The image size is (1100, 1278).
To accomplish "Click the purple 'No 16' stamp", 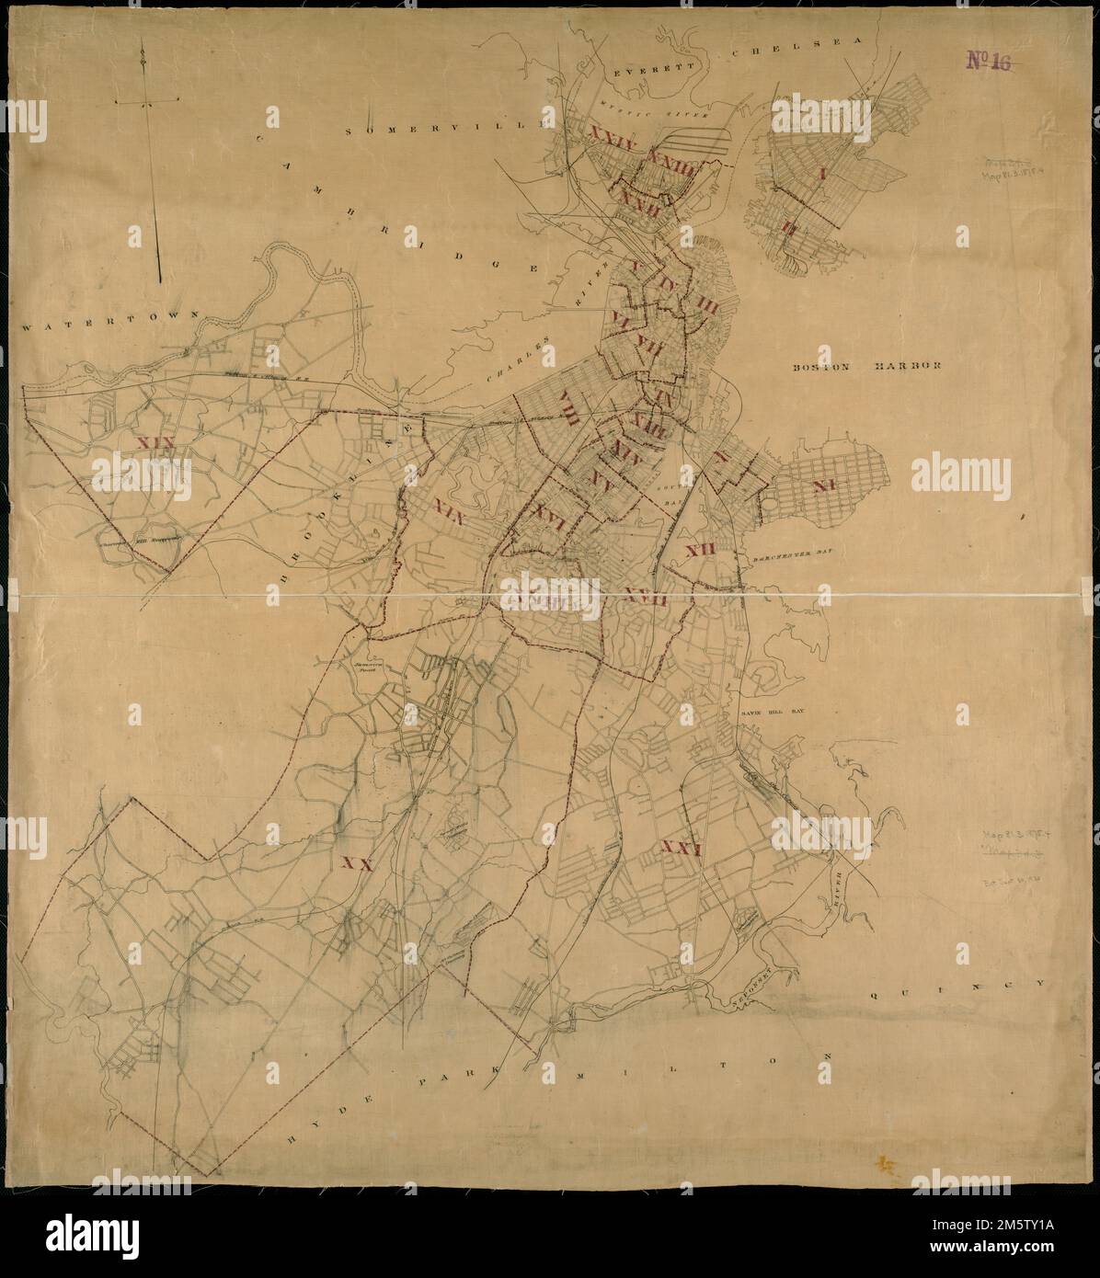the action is point(990,62).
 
